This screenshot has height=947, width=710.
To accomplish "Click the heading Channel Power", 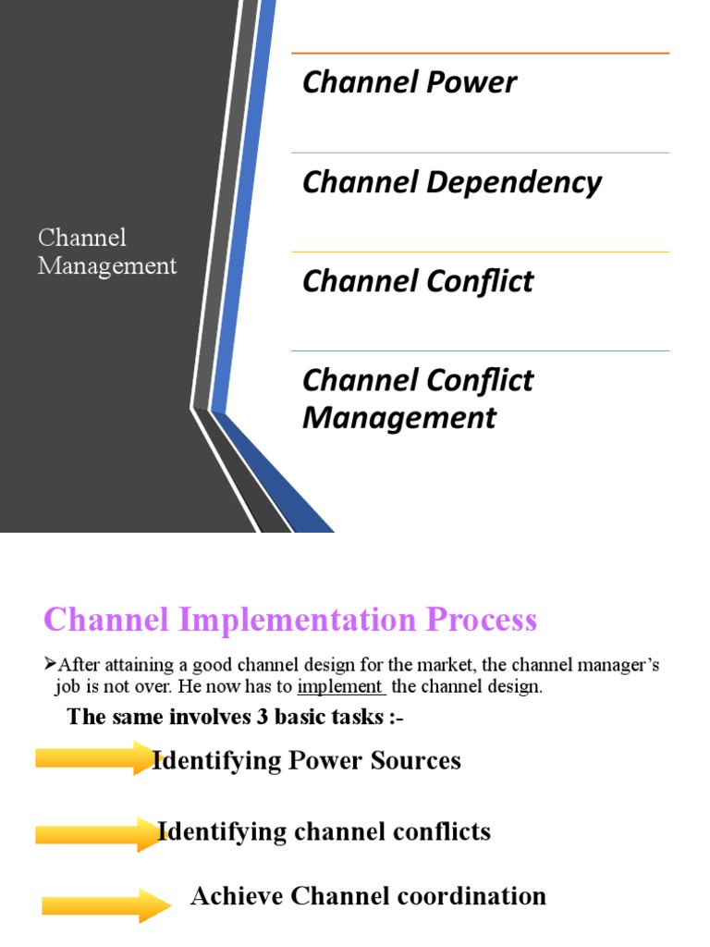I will pos(409,82).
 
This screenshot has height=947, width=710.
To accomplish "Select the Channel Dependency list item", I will pos(451,182).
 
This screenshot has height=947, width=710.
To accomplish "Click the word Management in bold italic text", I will pos(399,418).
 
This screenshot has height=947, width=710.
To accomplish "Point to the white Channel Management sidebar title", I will pos(107,252).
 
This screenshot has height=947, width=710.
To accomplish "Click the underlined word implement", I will pos(340,686).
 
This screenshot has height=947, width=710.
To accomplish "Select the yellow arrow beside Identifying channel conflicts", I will pos(98,833).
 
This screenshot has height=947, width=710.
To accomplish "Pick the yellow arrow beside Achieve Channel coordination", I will pos(103,905).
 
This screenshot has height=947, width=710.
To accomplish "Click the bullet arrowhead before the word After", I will pos(51,663).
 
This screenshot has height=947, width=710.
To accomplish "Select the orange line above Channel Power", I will pos(480,54).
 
